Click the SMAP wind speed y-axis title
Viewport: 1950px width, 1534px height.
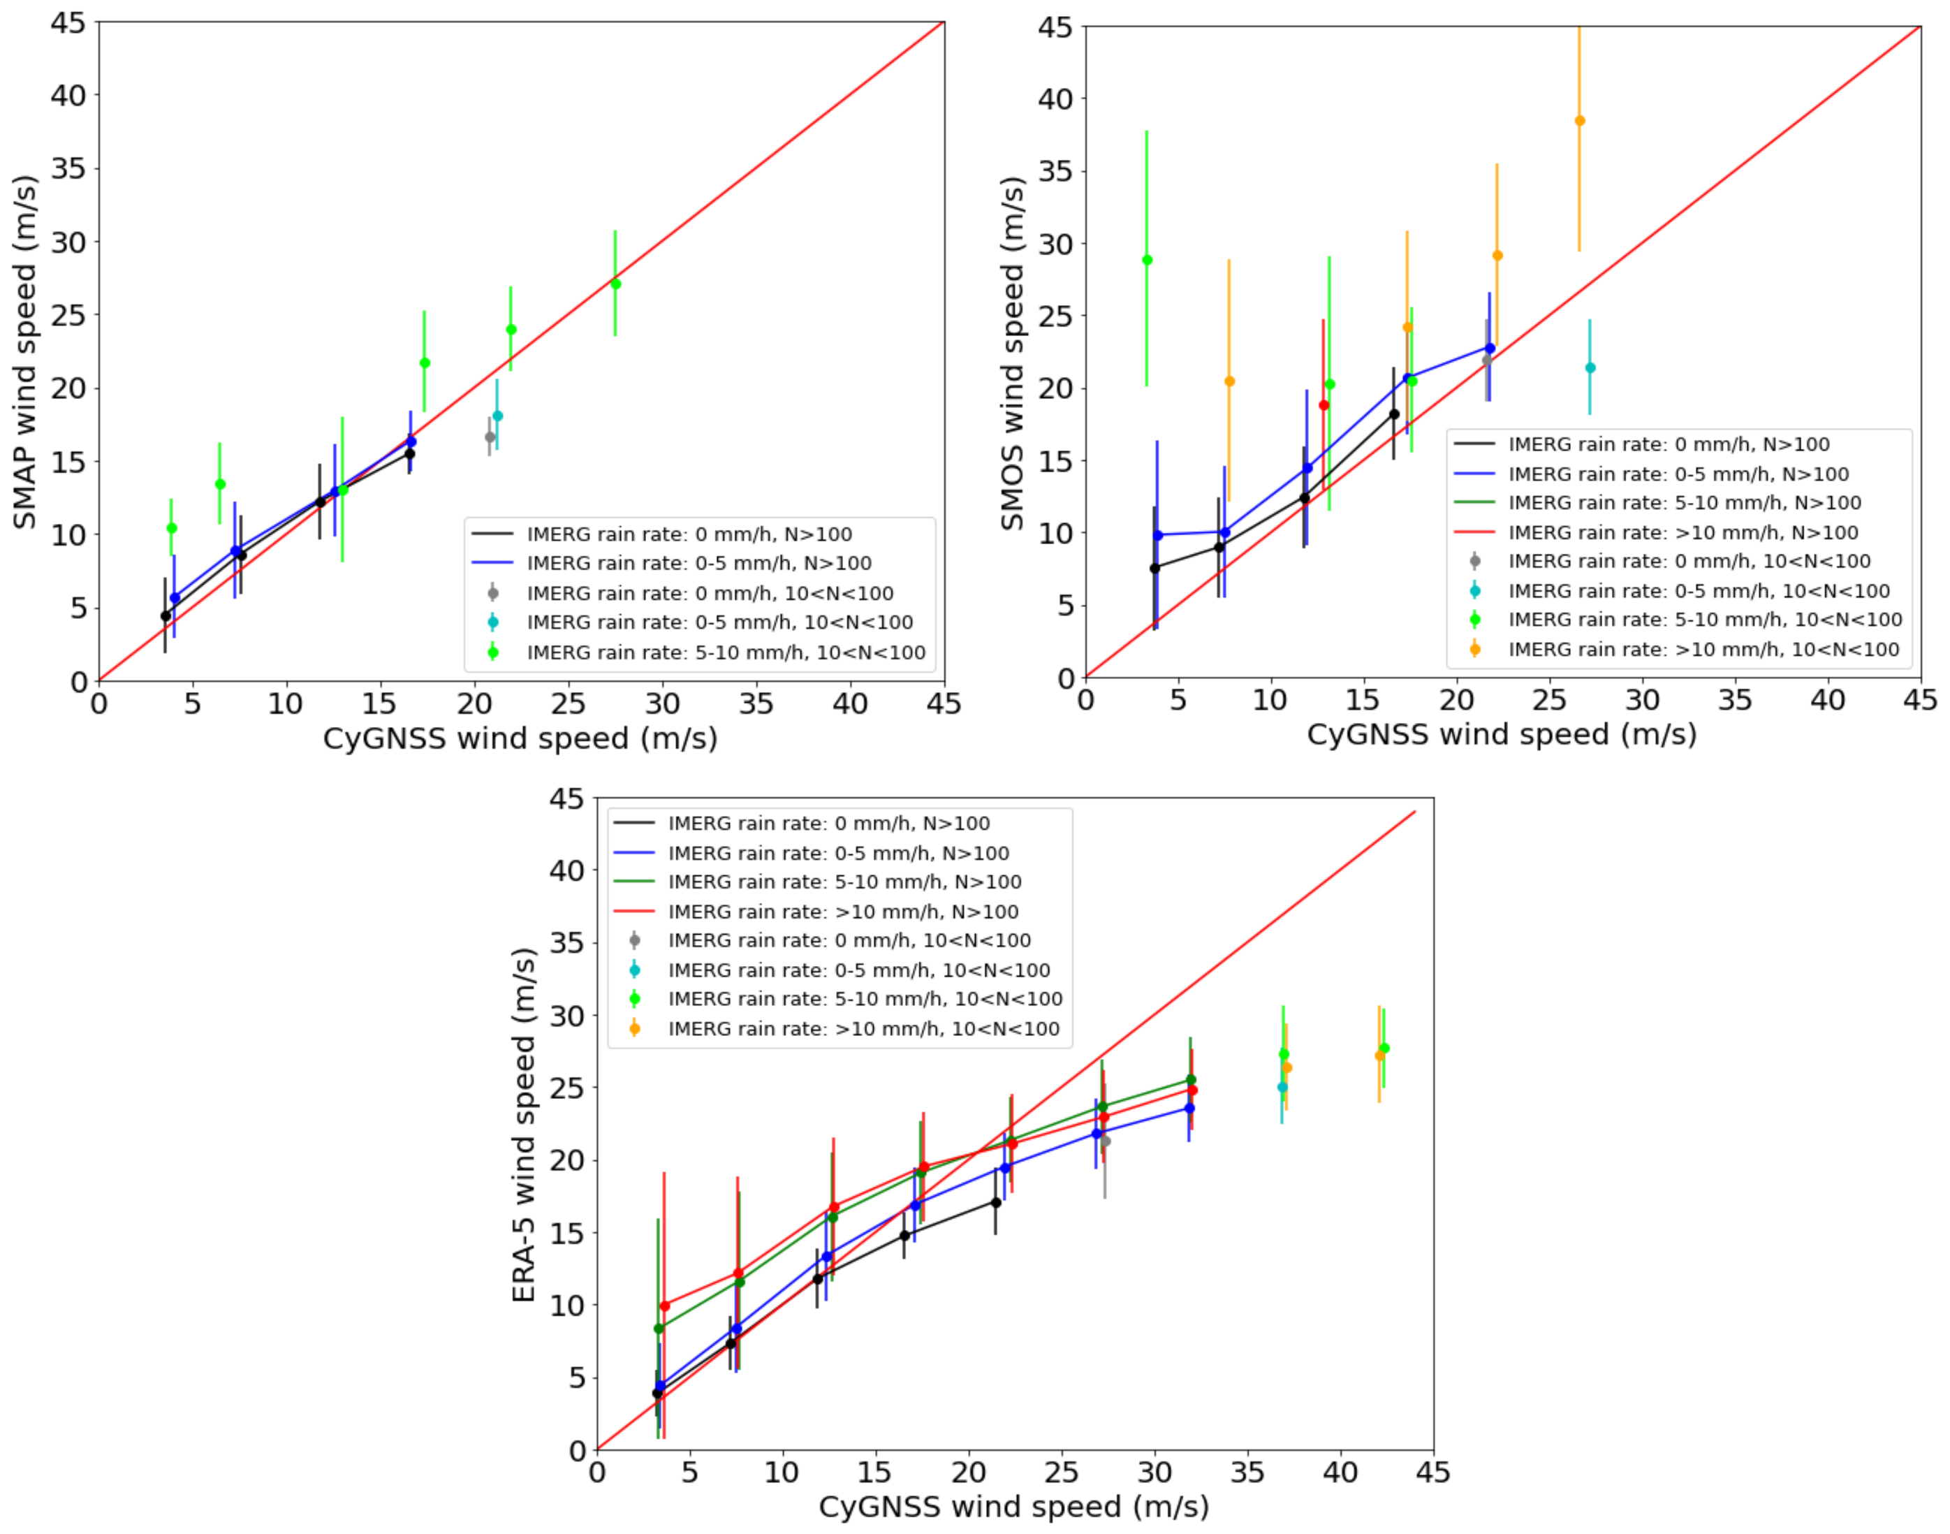click(24, 352)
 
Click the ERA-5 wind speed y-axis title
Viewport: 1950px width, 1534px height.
click(523, 1125)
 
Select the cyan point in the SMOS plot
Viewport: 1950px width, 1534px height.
click(1590, 367)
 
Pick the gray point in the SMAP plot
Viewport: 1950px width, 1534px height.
click(490, 437)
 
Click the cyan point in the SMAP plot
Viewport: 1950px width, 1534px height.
click(497, 416)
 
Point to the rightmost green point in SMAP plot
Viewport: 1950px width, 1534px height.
click(615, 284)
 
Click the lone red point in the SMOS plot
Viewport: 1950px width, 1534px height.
click(1324, 405)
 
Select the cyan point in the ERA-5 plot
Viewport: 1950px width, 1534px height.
click(1282, 1087)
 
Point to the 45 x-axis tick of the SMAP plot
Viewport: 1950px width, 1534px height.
click(944, 703)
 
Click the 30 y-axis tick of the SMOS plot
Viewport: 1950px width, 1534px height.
click(1056, 243)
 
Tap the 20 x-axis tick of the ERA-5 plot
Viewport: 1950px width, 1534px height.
click(969, 1473)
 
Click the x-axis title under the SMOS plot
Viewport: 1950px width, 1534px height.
click(1501, 735)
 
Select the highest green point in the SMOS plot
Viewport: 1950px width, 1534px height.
click(1147, 261)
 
